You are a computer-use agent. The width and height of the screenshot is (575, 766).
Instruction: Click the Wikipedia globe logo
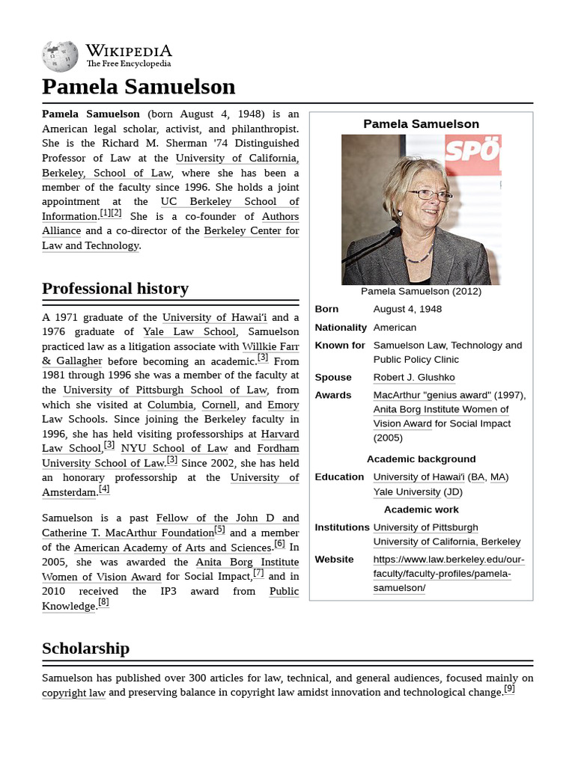(x=60, y=56)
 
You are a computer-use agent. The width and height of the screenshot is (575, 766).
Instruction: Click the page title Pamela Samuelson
(x=139, y=87)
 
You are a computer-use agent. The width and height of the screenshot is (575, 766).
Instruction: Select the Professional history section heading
(x=115, y=289)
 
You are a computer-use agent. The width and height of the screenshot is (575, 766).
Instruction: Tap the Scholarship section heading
(x=85, y=648)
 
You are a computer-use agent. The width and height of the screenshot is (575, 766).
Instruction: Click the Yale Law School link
(x=189, y=331)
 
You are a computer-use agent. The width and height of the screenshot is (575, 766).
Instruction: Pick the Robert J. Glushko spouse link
(x=414, y=377)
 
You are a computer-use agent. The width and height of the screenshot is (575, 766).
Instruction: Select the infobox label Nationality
(x=341, y=327)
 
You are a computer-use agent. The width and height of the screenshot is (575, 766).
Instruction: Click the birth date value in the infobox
(x=407, y=309)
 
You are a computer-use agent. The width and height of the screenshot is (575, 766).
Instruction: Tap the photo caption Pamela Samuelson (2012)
(x=421, y=291)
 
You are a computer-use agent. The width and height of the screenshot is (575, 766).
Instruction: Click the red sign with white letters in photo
(x=472, y=153)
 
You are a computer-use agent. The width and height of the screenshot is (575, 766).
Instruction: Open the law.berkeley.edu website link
(x=448, y=573)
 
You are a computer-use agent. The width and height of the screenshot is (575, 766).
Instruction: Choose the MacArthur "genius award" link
(x=432, y=395)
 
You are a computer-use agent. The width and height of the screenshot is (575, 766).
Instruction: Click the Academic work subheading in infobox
(x=421, y=509)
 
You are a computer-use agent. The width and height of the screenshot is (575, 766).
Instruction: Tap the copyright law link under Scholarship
(x=73, y=693)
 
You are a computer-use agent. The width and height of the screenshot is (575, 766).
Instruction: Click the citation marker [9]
(x=509, y=689)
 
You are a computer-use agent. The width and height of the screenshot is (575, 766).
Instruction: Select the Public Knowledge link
(x=284, y=591)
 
